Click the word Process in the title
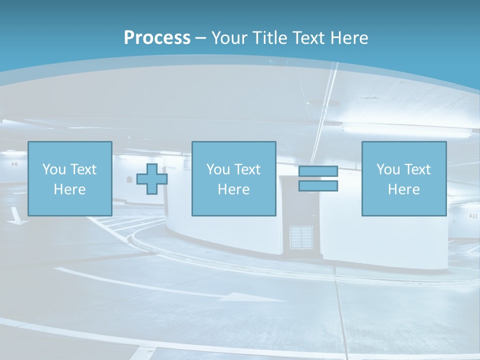point(157,37)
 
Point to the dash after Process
point(200,38)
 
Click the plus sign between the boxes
point(152,178)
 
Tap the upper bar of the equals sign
point(318,171)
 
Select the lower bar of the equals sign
point(318,185)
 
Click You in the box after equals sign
point(387,169)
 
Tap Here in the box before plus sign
point(69,189)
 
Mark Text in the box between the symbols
point(248,169)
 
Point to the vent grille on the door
point(301,237)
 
